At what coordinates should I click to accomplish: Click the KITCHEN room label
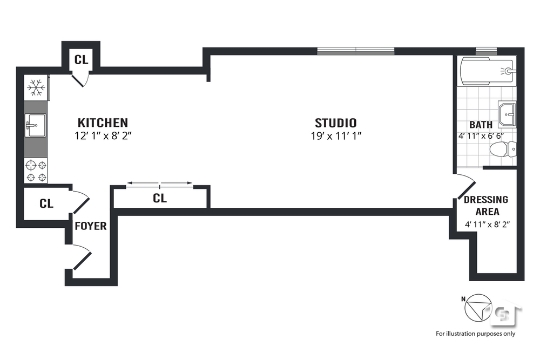103,123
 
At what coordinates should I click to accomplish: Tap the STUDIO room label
335,123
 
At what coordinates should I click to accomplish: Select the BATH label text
481,125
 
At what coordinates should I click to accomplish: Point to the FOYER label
90,226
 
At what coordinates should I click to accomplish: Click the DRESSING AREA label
486,205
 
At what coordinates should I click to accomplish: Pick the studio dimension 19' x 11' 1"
335,136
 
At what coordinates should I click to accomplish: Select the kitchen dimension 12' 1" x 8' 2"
103,136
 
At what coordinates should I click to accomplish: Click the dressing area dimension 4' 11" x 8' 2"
486,225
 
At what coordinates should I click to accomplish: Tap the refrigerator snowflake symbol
36,87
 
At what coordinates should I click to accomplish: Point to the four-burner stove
36,170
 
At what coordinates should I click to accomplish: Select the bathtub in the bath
486,71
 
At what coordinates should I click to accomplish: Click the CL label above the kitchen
81,59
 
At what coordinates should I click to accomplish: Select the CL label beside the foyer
46,203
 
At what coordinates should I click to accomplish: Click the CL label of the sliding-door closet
160,198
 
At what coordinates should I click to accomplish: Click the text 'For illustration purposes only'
476,334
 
